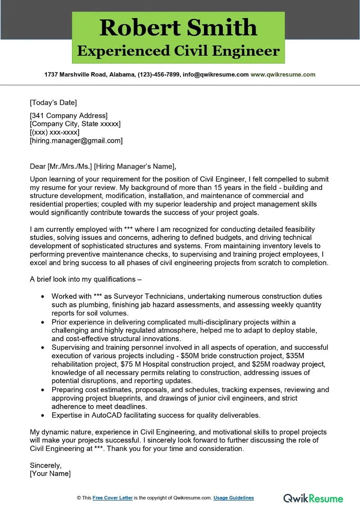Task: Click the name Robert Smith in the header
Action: [178, 27]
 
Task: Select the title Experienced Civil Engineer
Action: [178, 51]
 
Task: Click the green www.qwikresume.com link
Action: [283, 75]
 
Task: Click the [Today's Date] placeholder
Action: [53, 102]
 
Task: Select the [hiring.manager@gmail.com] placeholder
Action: [76, 140]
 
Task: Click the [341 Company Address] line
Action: [68, 115]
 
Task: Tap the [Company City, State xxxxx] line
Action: [75, 124]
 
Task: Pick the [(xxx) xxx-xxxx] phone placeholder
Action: [54, 132]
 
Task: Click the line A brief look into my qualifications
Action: [85, 279]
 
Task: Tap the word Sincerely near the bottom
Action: [45, 465]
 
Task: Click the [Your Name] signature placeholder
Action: [50, 473]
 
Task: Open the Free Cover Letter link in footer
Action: [112, 498]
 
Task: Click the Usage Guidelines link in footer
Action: [234, 498]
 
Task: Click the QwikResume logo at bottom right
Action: [313, 498]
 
